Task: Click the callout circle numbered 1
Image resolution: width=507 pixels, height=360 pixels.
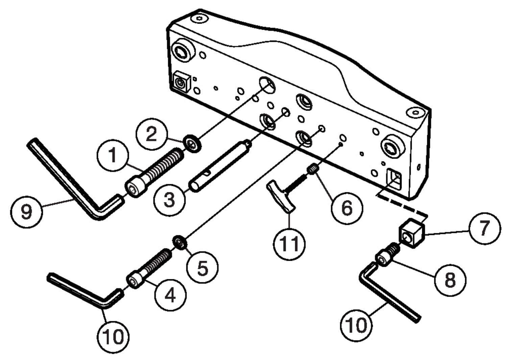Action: click(113, 155)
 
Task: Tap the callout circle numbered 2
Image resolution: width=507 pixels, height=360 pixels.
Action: click(151, 134)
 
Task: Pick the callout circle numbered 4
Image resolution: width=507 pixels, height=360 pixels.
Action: click(170, 295)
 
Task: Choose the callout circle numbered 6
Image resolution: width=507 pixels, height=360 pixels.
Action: click(346, 207)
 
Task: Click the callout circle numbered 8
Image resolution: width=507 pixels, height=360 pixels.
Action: click(450, 279)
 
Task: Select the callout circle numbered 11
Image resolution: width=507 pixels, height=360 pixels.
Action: click(289, 243)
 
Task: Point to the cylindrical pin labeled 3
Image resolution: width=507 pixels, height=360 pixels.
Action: click(219, 166)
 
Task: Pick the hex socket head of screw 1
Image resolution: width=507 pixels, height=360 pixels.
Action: click(132, 189)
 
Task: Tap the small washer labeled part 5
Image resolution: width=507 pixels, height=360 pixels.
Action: click(179, 242)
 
